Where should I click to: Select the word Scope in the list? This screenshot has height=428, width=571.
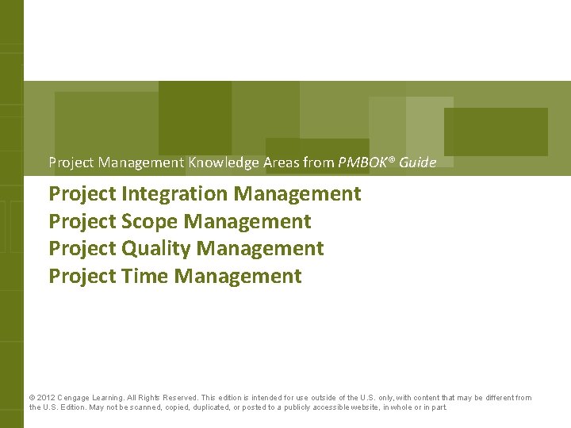point(150,221)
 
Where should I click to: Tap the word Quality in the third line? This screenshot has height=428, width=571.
point(156,249)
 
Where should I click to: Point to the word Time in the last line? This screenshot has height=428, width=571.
point(144,277)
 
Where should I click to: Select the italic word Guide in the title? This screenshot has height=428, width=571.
point(418,162)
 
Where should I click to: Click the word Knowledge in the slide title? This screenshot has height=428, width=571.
point(224,162)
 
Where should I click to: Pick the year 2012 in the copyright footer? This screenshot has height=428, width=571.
point(45,398)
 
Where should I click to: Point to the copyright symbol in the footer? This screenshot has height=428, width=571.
point(32,398)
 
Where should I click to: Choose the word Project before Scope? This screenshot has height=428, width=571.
point(82,221)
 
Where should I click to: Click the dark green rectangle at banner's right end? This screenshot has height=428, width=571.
point(496,132)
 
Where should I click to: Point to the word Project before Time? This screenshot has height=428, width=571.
point(82,277)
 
